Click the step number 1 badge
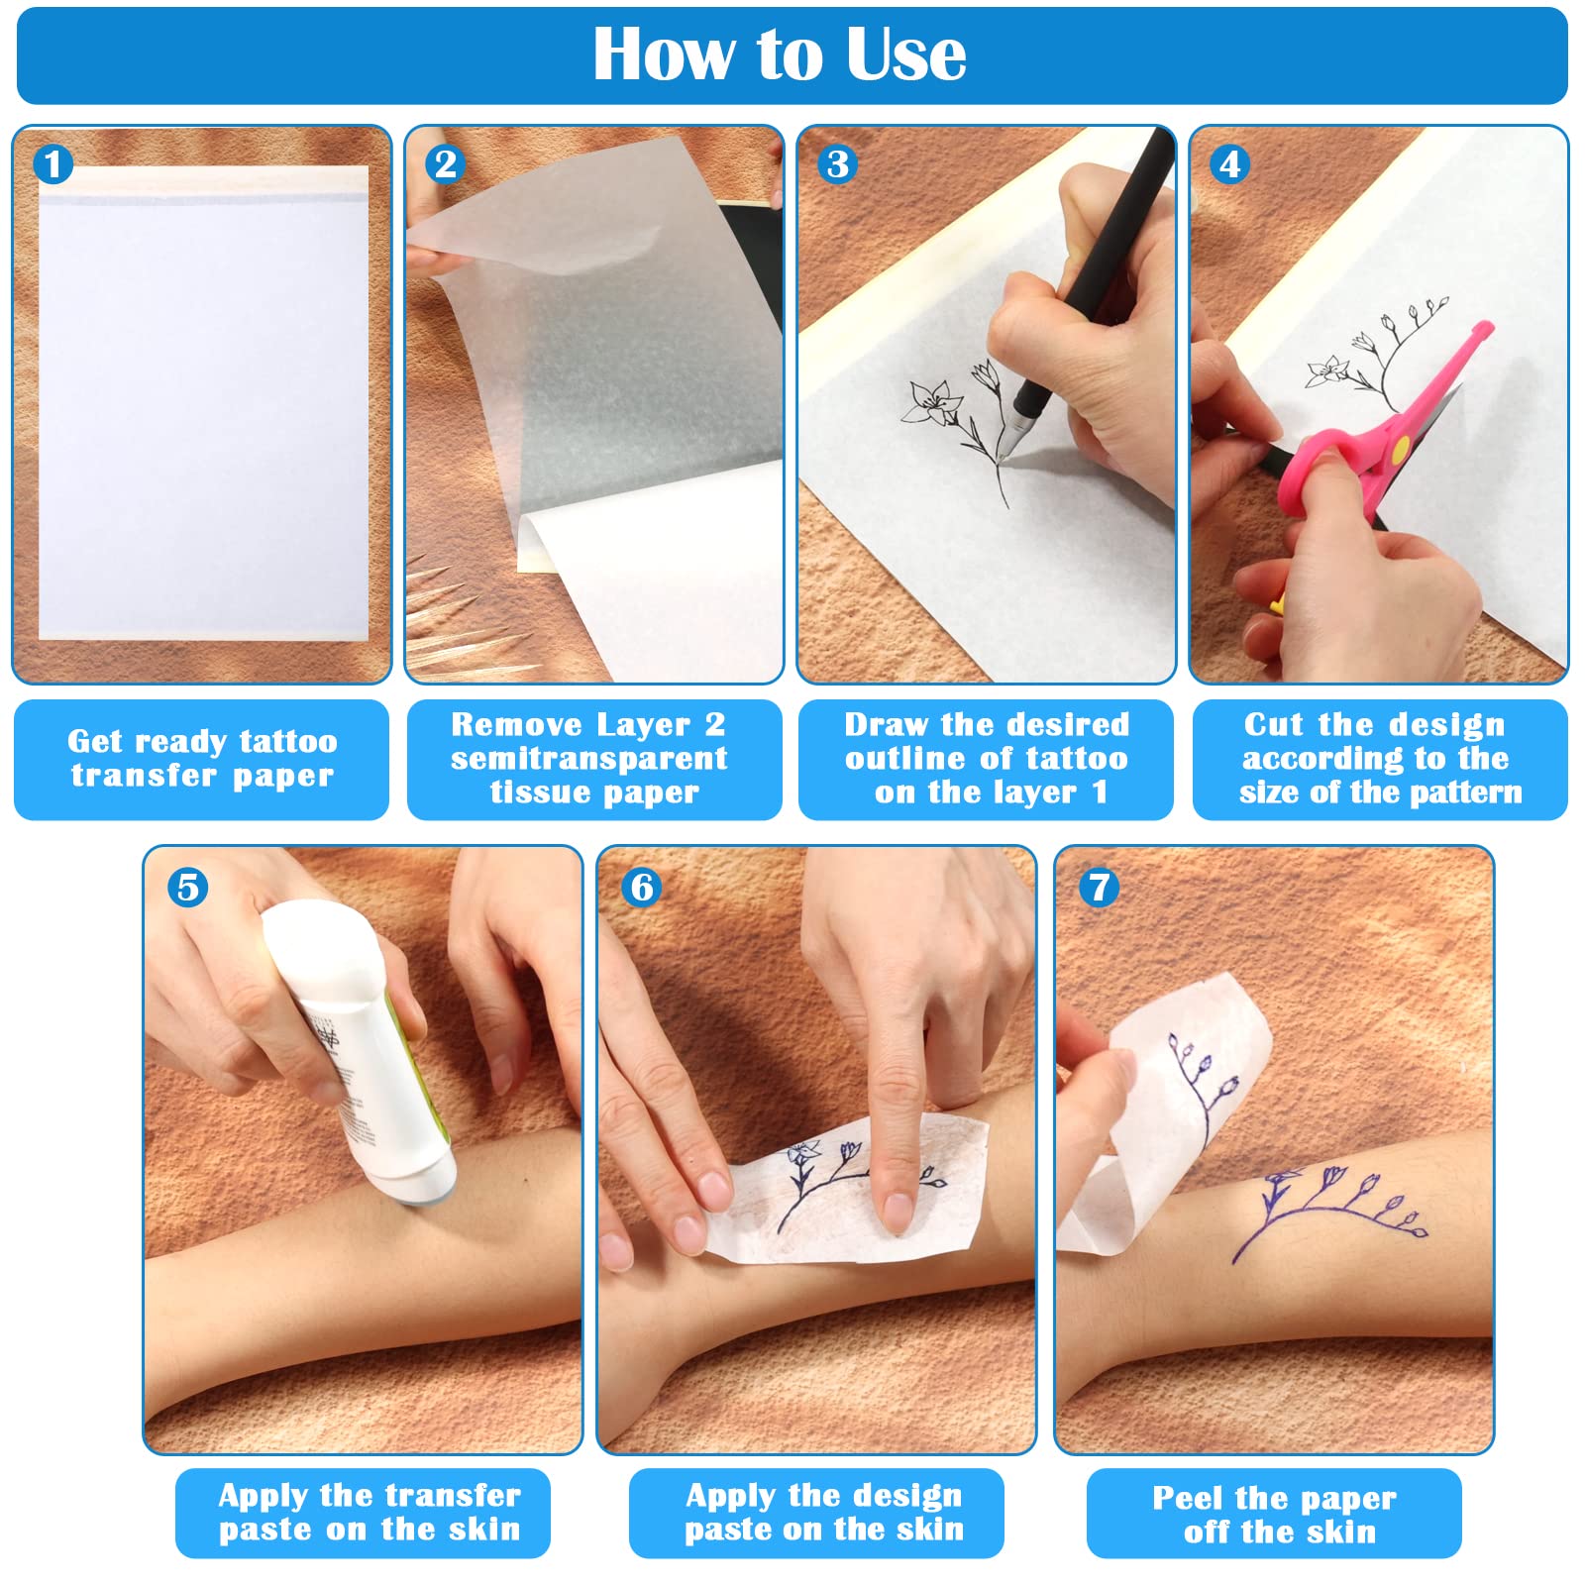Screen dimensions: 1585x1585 click(53, 164)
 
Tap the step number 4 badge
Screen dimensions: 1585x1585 click(1229, 164)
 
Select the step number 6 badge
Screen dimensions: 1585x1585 click(642, 887)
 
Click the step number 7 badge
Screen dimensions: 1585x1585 click(1099, 887)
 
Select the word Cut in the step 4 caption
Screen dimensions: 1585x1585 click(1274, 724)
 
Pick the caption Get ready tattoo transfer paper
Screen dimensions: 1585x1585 click(201, 759)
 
